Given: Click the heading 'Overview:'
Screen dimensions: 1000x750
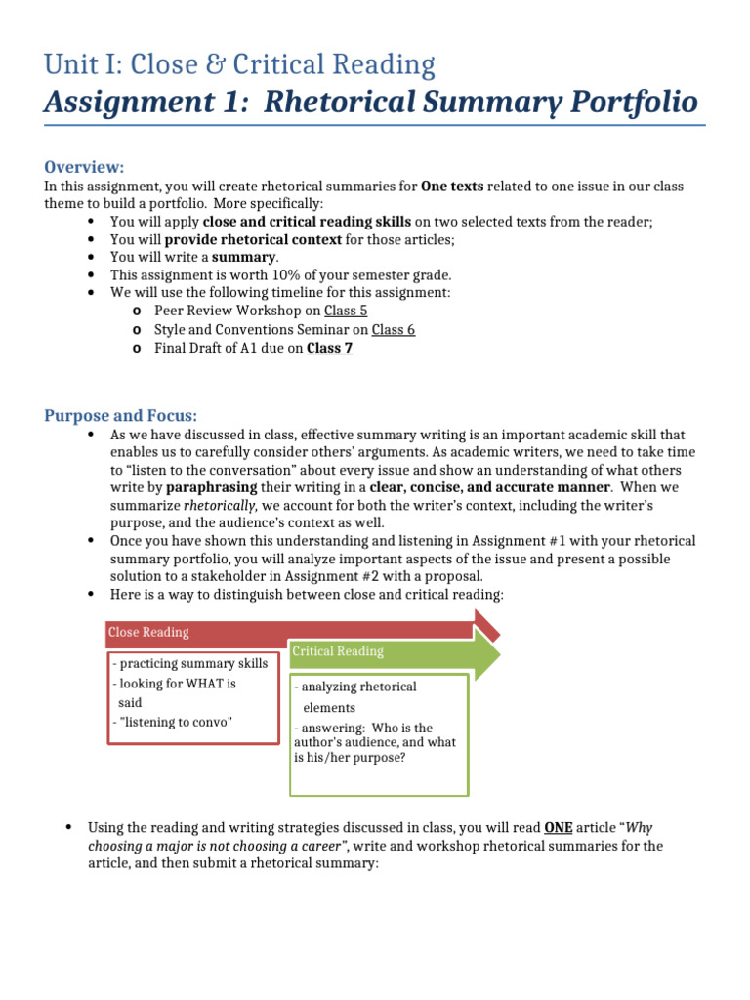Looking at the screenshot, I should (x=84, y=166).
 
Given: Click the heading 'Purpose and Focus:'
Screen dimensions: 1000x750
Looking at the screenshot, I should (x=120, y=415).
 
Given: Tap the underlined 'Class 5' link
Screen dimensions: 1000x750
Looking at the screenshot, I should (x=346, y=311).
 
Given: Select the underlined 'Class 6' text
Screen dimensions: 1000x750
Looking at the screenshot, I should (x=394, y=329).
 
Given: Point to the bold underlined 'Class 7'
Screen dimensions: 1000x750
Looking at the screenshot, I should (x=329, y=348).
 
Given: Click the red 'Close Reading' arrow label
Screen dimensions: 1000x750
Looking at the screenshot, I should (x=148, y=632).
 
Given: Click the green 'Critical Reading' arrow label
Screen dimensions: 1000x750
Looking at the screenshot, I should (x=338, y=650).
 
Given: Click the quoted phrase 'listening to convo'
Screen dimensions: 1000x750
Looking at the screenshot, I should (x=179, y=722).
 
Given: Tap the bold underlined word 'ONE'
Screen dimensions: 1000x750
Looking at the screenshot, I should (x=558, y=827).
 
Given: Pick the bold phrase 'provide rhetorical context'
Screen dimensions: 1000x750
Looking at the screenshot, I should (x=253, y=239).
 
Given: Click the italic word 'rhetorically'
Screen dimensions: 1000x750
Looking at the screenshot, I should (x=220, y=505).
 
